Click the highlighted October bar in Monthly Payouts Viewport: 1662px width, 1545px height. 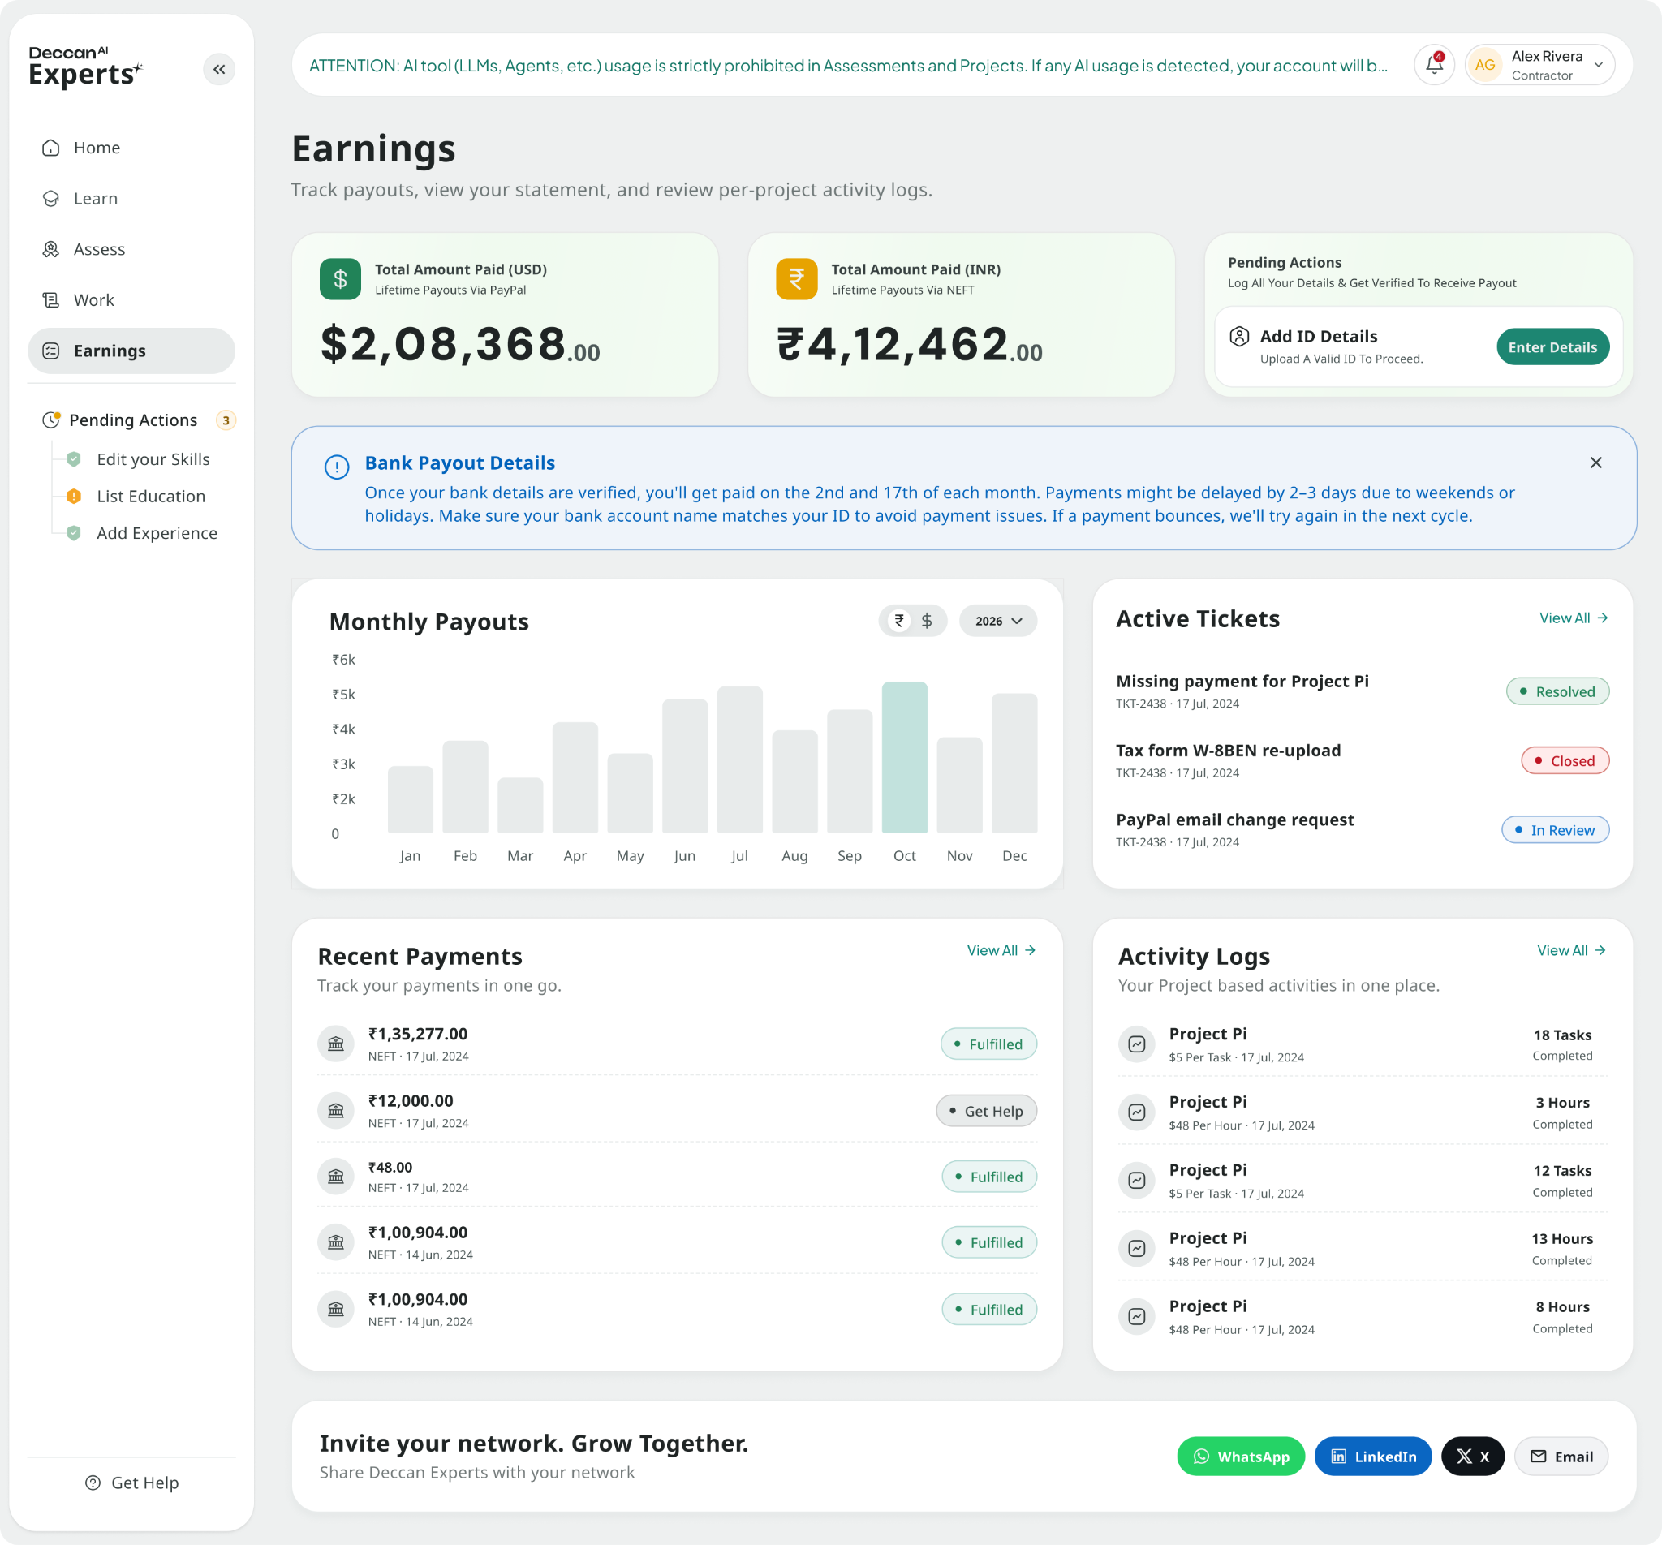pyautogui.click(x=904, y=757)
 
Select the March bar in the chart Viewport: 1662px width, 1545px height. pyautogui.click(x=520, y=805)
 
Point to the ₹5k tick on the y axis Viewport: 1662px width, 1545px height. pyautogui.click(x=342, y=694)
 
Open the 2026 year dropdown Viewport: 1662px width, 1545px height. pyautogui.click(x=998, y=620)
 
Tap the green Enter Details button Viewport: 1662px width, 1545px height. pyautogui.click(x=1552, y=347)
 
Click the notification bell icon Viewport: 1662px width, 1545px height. pyautogui.click(x=1434, y=64)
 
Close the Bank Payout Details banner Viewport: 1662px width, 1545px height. pyautogui.click(x=1595, y=463)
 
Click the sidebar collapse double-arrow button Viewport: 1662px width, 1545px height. pyautogui.click(x=219, y=70)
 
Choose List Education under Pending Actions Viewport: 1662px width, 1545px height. pyautogui.click(x=150, y=496)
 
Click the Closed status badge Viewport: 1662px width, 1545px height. pyautogui.click(x=1564, y=761)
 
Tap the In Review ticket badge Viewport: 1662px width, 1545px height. pyautogui.click(x=1555, y=830)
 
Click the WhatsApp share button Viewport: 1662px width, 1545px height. pyautogui.click(x=1240, y=1457)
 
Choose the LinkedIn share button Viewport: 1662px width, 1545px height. pyautogui.click(x=1372, y=1457)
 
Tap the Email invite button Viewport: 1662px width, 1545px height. pyautogui.click(x=1560, y=1457)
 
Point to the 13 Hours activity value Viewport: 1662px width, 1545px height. pyautogui.click(x=1561, y=1239)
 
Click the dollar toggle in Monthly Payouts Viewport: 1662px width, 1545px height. pyautogui.click(x=926, y=620)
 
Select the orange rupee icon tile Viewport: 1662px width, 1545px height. pyautogui.click(x=796, y=278)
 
